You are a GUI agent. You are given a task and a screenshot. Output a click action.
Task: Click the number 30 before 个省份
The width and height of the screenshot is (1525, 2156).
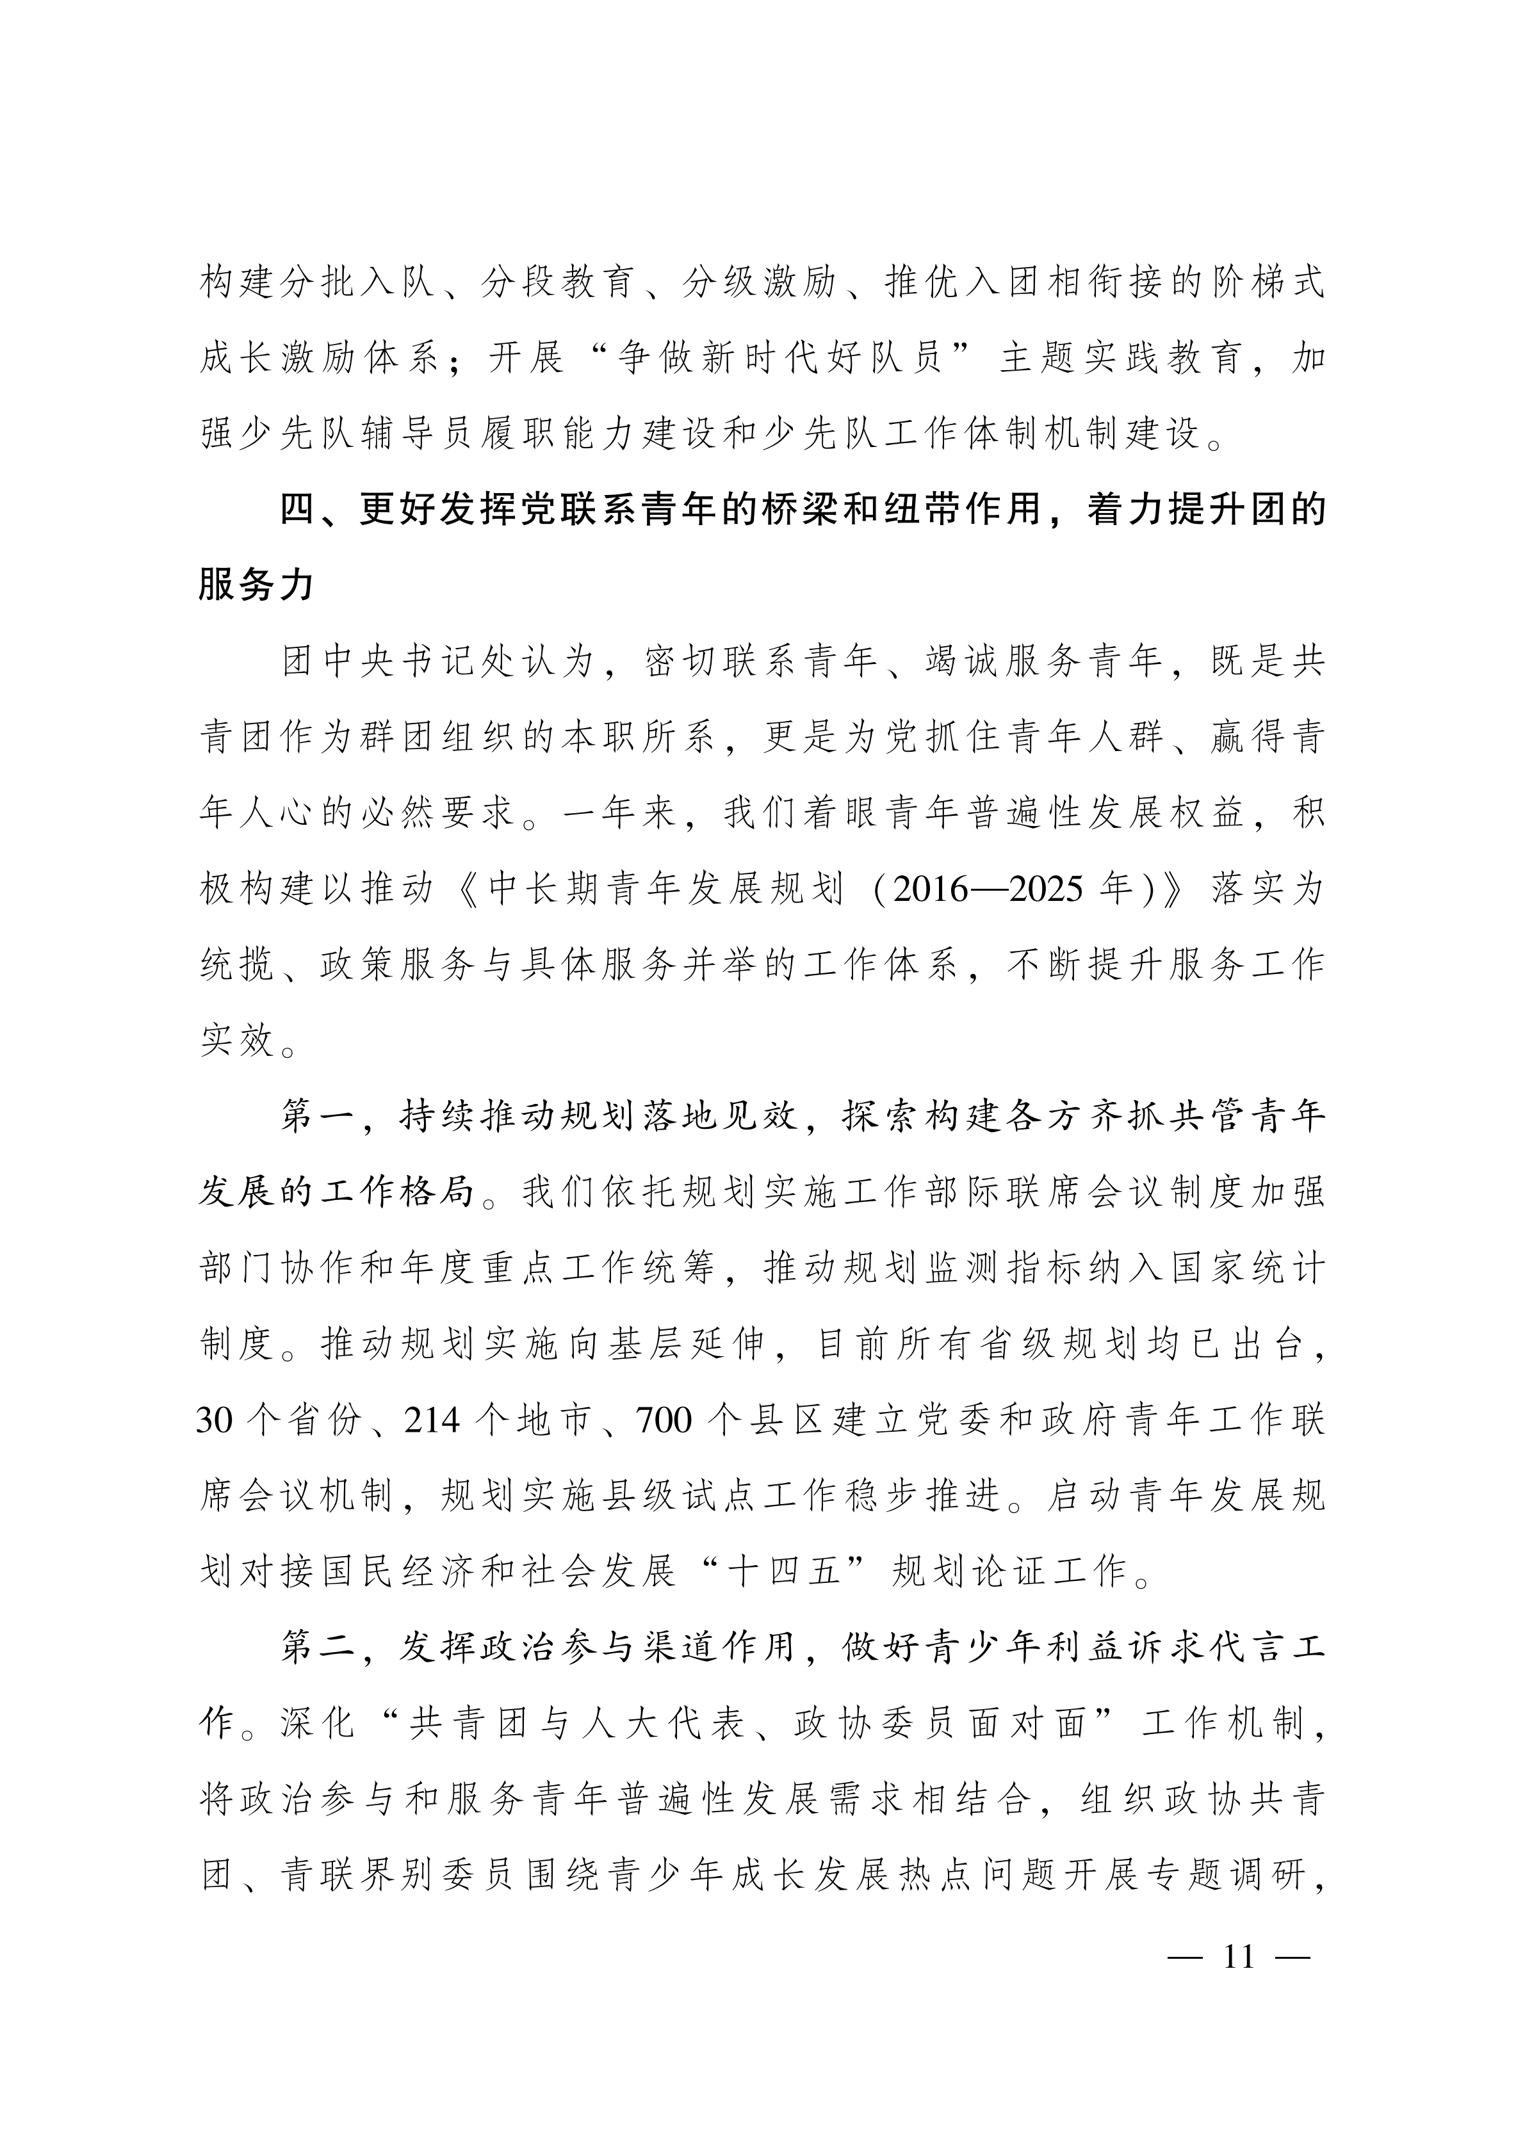click(214, 1421)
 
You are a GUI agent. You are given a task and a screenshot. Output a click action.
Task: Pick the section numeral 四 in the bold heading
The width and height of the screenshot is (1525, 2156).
click(300, 510)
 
